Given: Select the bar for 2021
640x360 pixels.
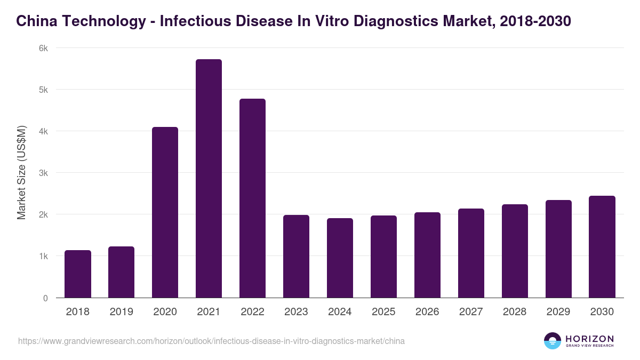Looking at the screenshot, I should coord(209,179).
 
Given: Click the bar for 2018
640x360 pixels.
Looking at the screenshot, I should coord(78,274).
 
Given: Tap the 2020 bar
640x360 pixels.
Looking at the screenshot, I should coord(165,212).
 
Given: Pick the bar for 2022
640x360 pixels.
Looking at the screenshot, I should coord(252,198).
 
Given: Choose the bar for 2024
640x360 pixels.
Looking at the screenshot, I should coord(340,258).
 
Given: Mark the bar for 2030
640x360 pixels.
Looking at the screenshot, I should coord(602,247).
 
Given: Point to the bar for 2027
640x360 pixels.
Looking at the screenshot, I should coord(471,253).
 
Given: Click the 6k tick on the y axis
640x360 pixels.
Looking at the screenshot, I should coord(43,48).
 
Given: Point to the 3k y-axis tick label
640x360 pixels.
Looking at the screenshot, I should coord(43,173).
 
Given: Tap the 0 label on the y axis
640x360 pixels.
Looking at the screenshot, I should coord(45,298).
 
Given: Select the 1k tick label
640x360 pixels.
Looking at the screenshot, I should coord(43,257).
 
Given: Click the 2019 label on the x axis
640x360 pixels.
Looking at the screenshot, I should coord(121,312).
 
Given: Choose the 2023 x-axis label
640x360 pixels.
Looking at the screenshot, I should coord(296,312).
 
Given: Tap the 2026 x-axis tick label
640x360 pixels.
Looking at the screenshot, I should coord(427,312).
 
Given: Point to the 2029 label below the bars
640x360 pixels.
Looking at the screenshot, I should coord(558,312).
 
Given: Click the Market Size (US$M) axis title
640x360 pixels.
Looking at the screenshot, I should coord(21,173).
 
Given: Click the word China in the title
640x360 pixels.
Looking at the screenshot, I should coord(34,21).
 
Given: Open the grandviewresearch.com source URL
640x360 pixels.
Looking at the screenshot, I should coord(211,341).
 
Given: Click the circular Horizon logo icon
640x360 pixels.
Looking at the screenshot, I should coord(552,341).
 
